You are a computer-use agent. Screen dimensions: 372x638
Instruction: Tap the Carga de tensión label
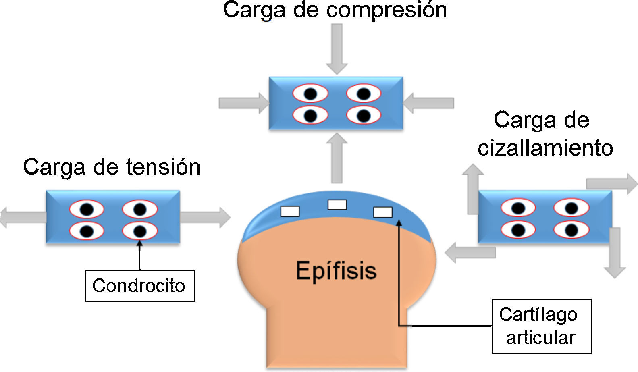tap(112, 167)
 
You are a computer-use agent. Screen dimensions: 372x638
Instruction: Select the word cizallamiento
tap(545, 148)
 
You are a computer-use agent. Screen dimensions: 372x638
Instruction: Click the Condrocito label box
tap(139, 286)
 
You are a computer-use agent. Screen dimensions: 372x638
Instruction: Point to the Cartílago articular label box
tap(541, 326)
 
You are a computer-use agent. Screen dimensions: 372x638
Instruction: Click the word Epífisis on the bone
tap(336, 270)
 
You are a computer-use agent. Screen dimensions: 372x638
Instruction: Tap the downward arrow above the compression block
tap(337, 48)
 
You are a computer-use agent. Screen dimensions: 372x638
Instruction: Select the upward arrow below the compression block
tap(337, 158)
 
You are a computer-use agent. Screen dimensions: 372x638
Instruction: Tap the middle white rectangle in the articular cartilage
tap(337, 205)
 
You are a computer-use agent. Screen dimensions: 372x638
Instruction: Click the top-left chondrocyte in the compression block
tap(310, 94)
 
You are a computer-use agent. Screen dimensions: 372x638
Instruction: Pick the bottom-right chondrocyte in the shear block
tap(571, 230)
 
